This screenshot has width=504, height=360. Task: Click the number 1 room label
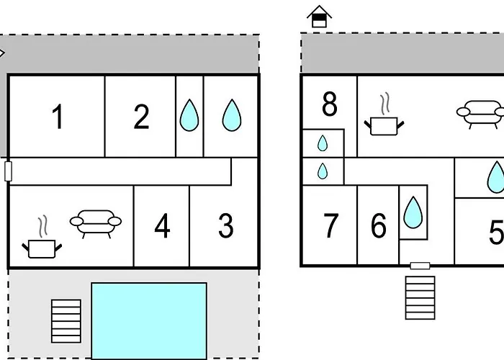[x=58, y=117]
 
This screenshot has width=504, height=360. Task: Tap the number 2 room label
[x=141, y=117]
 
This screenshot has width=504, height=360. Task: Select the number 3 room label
[x=226, y=225]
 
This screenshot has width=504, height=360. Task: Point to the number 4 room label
[x=162, y=225]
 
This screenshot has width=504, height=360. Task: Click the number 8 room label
[x=330, y=104]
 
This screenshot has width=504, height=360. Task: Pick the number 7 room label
[x=330, y=225]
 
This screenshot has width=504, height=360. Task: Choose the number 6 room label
[x=379, y=225]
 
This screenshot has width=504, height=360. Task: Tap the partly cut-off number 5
[x=496, y=232]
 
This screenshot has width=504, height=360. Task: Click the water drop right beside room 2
[x=189, y=115]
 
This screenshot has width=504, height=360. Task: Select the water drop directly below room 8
[x=323, y=143]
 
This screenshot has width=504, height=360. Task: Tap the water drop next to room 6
[x=413, y=212]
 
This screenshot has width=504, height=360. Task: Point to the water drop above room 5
[x=497, y=177]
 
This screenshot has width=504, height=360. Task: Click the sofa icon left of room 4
[x=96, y=224]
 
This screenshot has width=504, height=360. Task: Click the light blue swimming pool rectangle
[x=149, y=321]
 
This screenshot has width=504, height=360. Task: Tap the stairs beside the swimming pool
[x=66, y=321]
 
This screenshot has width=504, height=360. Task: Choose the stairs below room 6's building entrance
[x=420, y=297]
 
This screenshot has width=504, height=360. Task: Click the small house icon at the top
[x=319, y=17]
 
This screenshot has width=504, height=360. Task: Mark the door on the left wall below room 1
[x=9, y=171]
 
